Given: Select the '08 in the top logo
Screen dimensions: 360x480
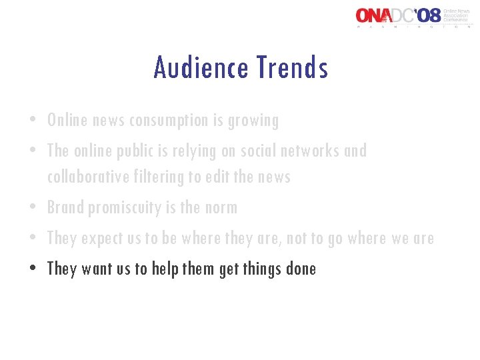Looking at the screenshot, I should click(x=427, y=15).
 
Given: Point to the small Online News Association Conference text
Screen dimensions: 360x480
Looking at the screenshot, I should click(x=458, y=14).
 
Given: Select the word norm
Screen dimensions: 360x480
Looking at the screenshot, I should click(x=220, y=207).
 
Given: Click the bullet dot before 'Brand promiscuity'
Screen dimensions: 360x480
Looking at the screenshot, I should click(x=32, y=208).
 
